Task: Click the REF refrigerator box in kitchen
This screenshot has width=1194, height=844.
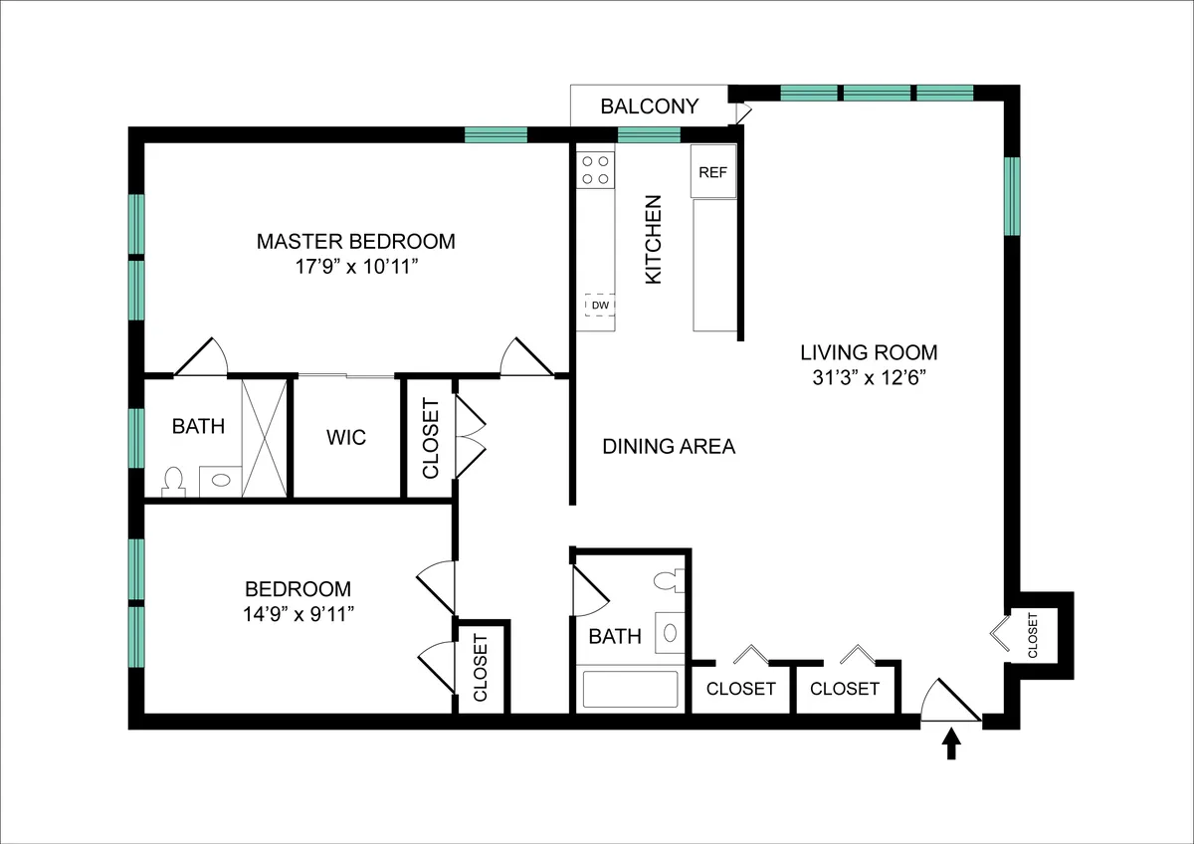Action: [713, 171]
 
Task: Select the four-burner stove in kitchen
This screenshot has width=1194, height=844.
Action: [596, 169]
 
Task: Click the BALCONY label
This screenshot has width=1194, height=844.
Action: [650, 106]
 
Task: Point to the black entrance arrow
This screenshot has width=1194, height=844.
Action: [952, 743]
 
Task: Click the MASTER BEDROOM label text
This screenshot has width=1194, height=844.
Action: [356, 241]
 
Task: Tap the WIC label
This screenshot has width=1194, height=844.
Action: [346, 437]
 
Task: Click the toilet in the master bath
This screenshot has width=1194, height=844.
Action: [174, 482]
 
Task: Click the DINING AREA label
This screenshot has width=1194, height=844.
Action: [669, 446]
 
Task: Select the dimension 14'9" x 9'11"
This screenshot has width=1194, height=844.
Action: [298, 612]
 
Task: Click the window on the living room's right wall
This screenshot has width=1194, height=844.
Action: [1012, 196]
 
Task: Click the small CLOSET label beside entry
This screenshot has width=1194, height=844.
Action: [1032, 635]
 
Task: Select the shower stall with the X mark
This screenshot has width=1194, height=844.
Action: [265, 437]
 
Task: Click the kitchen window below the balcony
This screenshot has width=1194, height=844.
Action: [649, 135]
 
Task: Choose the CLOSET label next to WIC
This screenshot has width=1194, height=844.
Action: [431, 439]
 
